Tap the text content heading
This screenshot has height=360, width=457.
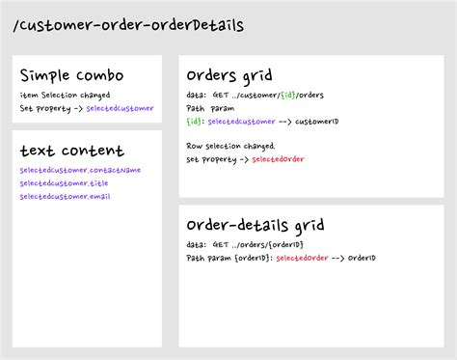72,151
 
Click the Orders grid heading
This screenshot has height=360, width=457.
229,75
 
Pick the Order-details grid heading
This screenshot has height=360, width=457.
255,225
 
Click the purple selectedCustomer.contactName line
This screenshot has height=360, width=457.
80,170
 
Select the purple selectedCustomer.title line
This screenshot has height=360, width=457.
65,183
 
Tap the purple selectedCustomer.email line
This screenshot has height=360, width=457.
66,197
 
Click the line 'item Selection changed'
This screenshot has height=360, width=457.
65,95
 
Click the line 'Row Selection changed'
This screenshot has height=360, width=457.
230,146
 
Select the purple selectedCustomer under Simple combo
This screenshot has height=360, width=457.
120,108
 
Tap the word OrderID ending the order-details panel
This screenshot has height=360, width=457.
362,258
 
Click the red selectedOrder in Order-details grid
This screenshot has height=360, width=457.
302,258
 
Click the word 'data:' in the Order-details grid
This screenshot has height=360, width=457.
196,245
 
